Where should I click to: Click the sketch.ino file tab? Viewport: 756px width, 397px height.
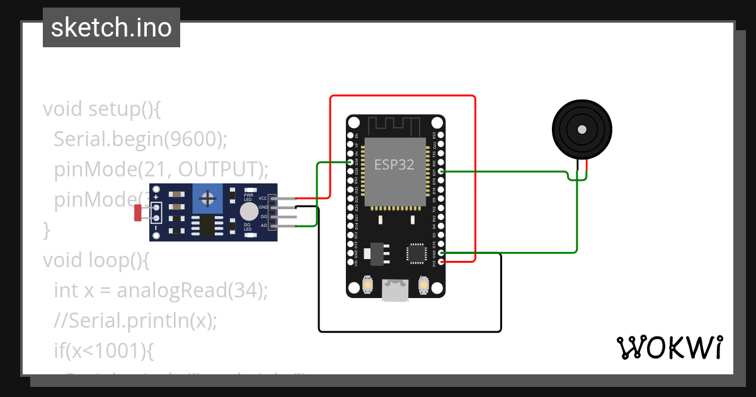point(112,28)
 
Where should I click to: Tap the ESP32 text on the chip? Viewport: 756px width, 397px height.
point(394,164)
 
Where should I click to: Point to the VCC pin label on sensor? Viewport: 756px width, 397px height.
point(263,198)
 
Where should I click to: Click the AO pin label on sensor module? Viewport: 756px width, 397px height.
point(263,225)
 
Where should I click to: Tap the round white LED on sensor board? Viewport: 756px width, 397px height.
point(249,211)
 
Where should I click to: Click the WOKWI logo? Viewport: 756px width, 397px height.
point(669,347)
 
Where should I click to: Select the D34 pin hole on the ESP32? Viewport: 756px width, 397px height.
point(351,162)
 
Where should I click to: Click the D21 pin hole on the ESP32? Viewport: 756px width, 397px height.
point(441,171)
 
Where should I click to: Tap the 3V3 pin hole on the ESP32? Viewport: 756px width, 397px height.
point(441,262)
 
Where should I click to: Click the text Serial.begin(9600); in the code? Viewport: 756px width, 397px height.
point(140,139)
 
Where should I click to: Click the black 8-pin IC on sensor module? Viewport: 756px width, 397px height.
point(207,225)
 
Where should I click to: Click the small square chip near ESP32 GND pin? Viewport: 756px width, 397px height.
point(416,253)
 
